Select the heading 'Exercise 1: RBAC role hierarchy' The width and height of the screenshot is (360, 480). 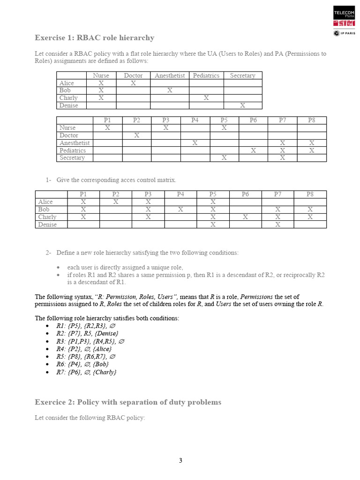(94, 37)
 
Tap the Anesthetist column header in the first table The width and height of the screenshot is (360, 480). (170, 75)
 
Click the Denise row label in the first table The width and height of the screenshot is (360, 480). (69, 105)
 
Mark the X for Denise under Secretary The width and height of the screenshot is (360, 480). (242, 105)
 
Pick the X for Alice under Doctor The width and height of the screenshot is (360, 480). (133, 83)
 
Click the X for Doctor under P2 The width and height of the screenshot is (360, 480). (136, 135)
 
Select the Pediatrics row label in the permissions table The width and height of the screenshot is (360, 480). (74, 150)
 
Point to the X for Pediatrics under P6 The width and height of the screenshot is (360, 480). (253, 150)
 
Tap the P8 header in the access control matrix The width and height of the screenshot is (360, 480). (310, 194)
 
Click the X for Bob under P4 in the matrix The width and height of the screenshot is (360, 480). (180, 210)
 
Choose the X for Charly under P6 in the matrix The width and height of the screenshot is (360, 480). (245, 217)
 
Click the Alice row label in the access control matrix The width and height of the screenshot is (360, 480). (45, 202)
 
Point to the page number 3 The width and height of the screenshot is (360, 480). (180, 460)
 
